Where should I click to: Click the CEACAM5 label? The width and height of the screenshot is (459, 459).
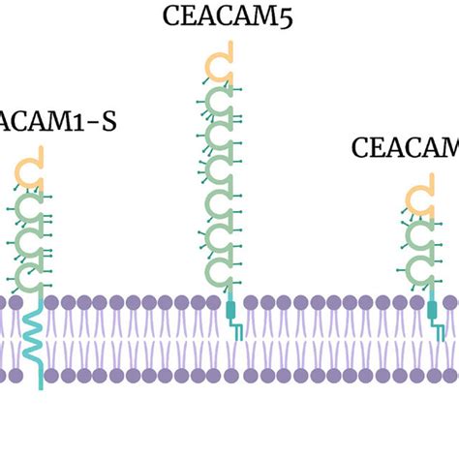pos(229,15)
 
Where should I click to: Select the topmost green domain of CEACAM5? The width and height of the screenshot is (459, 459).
pos(223,100)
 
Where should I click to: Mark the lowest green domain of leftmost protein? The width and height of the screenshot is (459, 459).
pos(33,279)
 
